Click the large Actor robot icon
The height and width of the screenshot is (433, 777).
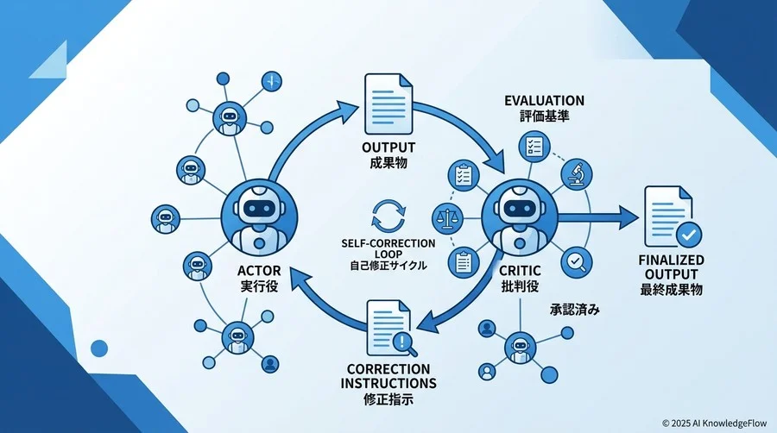tap(259, 217)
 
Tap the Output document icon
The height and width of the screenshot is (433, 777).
tap(388, 104)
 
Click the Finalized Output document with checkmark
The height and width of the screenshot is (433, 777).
tap(672, 217)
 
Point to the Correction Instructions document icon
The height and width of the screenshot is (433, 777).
tap(391, 328)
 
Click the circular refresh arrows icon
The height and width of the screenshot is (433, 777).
tap(388, 216)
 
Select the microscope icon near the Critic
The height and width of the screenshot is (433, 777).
tap(577, 174)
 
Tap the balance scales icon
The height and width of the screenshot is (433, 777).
tap(447, 218)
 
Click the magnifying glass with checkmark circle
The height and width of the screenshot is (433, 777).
tap(577, 261)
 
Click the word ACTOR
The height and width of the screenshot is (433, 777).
tap(259, 271)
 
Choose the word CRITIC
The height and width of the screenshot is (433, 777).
tap(520, 271)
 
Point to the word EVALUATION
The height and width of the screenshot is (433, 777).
tap(544, 100)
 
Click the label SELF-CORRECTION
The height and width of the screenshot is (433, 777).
tap(388, 243)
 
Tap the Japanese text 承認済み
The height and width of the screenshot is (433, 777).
tap(575, 310)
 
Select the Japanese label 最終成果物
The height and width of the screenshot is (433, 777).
tap(672, 290)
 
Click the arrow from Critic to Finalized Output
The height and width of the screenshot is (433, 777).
tap(598, 217)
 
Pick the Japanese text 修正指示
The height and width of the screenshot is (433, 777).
tap(388, 398)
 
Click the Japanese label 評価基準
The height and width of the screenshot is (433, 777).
tap(545, 116)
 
